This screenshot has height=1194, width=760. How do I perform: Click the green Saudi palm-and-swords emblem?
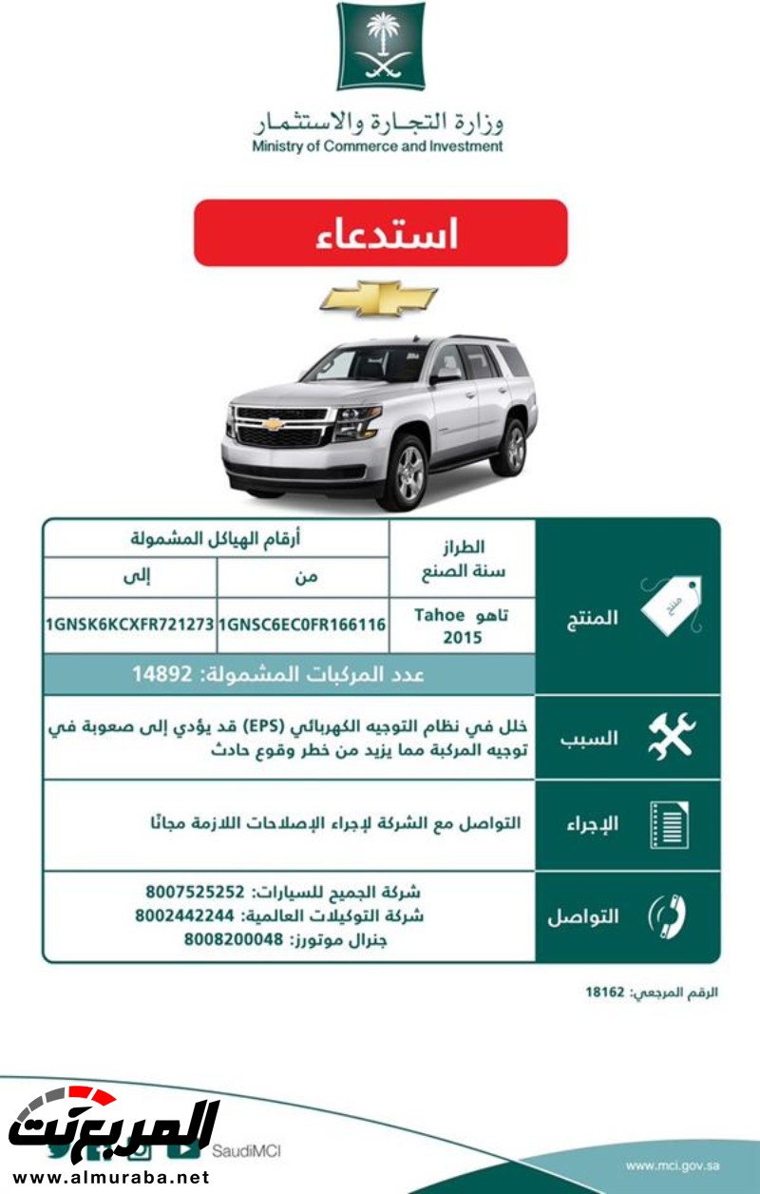(381, 47)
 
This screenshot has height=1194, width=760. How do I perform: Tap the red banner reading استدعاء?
(381, 233)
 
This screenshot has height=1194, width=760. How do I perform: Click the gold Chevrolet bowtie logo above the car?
(378, 298)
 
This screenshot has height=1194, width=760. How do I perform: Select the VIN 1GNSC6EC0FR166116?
(302, 625)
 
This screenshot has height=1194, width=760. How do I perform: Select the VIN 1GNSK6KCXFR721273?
(129, 625)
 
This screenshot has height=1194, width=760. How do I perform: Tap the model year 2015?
(463, 637)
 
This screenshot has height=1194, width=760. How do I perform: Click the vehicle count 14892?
(171, 674)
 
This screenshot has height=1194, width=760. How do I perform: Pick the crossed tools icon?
(672, 737)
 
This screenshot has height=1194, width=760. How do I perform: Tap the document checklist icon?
(669, 823)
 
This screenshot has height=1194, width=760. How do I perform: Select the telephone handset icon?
(668, 915)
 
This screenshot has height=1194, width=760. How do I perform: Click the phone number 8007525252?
(196, 893)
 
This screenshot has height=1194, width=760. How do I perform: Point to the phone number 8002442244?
(184, 916)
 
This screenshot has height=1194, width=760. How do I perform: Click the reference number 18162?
(605, 992)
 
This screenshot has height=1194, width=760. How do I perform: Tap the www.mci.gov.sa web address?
(673, 1165)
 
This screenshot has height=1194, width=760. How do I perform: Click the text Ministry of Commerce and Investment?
(377, 146)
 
